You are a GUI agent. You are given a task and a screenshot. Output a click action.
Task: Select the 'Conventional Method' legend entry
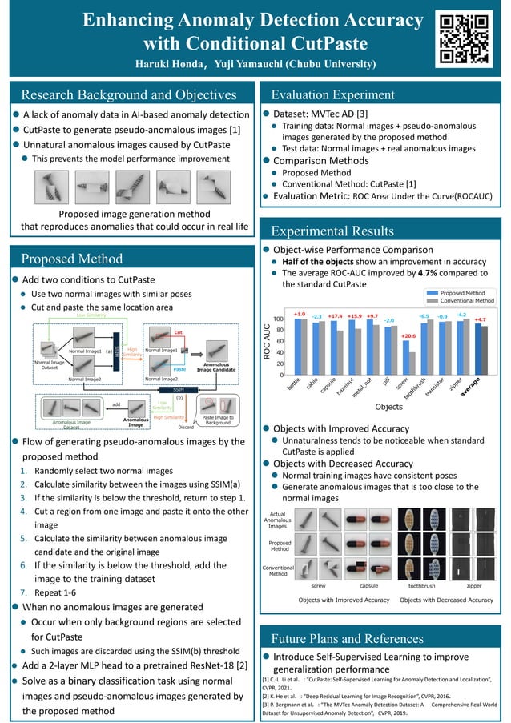[x=462, y=300]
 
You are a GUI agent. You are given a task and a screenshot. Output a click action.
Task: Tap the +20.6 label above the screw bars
[x=408, y=336]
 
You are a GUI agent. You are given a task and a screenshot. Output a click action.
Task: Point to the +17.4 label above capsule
[x=336, y=316]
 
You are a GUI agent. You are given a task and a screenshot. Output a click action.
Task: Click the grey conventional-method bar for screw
[x=412, y=363]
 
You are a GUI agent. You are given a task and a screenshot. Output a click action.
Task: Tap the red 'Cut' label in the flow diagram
[x=179, y=331]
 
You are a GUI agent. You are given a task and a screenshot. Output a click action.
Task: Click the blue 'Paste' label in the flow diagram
[x=179, y=369]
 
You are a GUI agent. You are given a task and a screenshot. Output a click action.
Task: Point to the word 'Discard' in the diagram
[x=186, y=427]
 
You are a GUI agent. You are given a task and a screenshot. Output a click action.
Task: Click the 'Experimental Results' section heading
[x=332, y=231]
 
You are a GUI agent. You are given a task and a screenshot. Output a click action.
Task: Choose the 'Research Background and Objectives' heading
[x=129, y=95]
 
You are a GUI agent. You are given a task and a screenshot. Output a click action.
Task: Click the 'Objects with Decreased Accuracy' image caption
[x=446, y=600]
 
